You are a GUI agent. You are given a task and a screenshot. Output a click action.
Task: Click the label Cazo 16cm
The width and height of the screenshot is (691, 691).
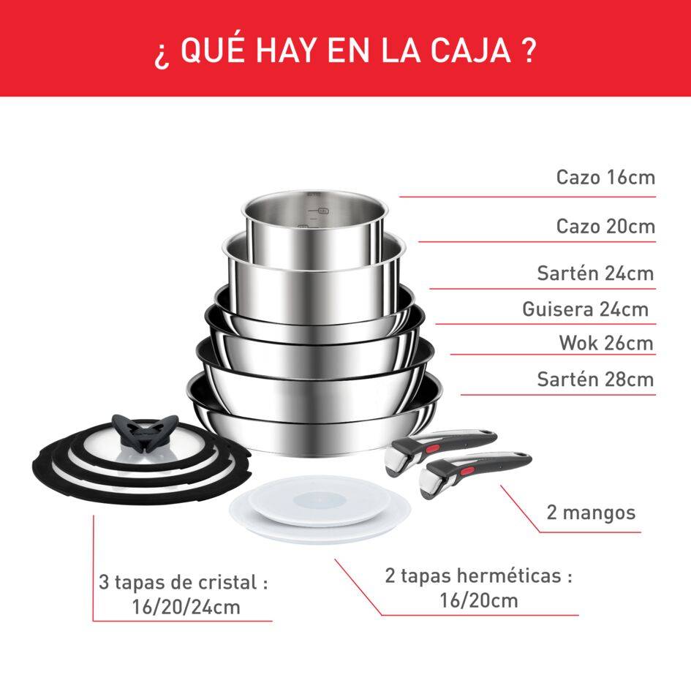pos(605,177)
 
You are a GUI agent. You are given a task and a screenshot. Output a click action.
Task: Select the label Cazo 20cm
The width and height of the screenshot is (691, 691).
pos(605,226)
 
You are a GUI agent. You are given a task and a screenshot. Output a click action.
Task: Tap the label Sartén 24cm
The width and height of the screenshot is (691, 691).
pos(595,273)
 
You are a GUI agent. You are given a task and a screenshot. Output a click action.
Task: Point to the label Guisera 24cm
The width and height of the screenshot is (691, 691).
pos(585,309)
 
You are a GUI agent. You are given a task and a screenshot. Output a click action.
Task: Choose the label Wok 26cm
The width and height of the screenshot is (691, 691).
pos(606,343)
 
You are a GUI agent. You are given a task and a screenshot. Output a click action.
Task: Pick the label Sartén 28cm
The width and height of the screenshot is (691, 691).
pos(595,380)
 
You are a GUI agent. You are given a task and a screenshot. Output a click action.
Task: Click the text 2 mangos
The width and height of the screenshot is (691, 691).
pos(591,512)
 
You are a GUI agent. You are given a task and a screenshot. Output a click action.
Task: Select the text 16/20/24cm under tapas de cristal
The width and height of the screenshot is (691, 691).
pos(182,607)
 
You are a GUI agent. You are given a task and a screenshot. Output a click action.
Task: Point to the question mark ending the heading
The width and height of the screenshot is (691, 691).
pos(529,52)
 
